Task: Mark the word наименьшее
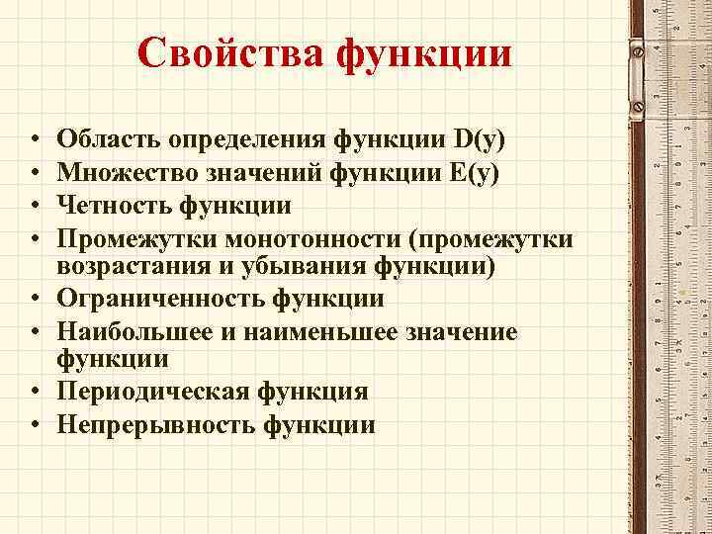311,332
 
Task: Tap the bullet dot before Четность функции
34,206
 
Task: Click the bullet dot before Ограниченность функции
34,298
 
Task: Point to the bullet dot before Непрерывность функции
34,425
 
